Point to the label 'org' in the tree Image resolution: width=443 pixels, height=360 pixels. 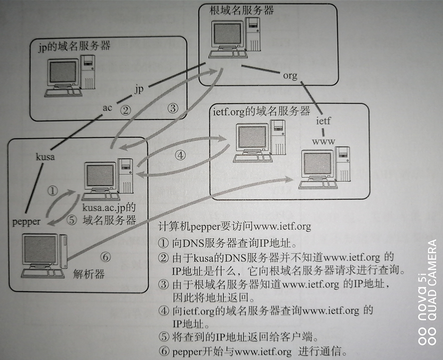tap(290, 76)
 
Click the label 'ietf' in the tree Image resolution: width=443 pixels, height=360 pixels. tap(323, 121)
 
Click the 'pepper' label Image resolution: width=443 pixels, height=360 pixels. tap(26, 222)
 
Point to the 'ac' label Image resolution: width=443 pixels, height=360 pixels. tap(108, 108)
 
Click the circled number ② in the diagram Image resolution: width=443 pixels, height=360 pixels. tap(125, 110)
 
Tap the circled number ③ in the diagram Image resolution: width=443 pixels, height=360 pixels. tap(173, 108)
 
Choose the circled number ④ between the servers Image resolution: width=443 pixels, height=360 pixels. tap(181, 156)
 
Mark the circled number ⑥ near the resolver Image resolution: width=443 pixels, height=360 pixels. tap(105, 257)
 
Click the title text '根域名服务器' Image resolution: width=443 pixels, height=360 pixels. tap(236, 10)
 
